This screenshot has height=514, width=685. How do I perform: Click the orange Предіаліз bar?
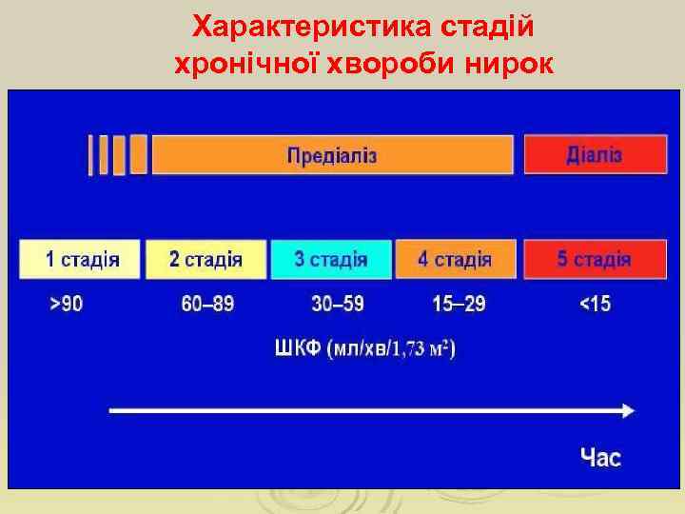[332, 154]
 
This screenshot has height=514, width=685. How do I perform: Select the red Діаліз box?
[594, 154]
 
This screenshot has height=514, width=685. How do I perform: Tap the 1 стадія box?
[81, 258]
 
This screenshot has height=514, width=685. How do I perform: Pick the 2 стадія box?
[205, 258]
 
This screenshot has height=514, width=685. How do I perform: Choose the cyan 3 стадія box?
[331, 258]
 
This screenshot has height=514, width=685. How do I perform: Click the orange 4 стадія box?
[456, 258]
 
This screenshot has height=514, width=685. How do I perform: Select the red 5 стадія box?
[594, 258]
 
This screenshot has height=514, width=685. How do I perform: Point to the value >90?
[66, 305]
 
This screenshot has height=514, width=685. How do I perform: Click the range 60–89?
[207, 305]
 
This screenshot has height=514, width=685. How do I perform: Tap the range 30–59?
[338, 305]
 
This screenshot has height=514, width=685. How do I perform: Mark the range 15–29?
[459, 305]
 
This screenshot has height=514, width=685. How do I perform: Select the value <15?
[597, 305]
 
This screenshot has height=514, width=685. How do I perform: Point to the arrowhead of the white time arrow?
[628, 410]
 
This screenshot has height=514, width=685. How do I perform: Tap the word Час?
[601, 458]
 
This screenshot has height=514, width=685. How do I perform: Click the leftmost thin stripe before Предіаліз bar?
[91, 154]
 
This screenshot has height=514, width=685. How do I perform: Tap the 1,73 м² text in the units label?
[422, 350]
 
